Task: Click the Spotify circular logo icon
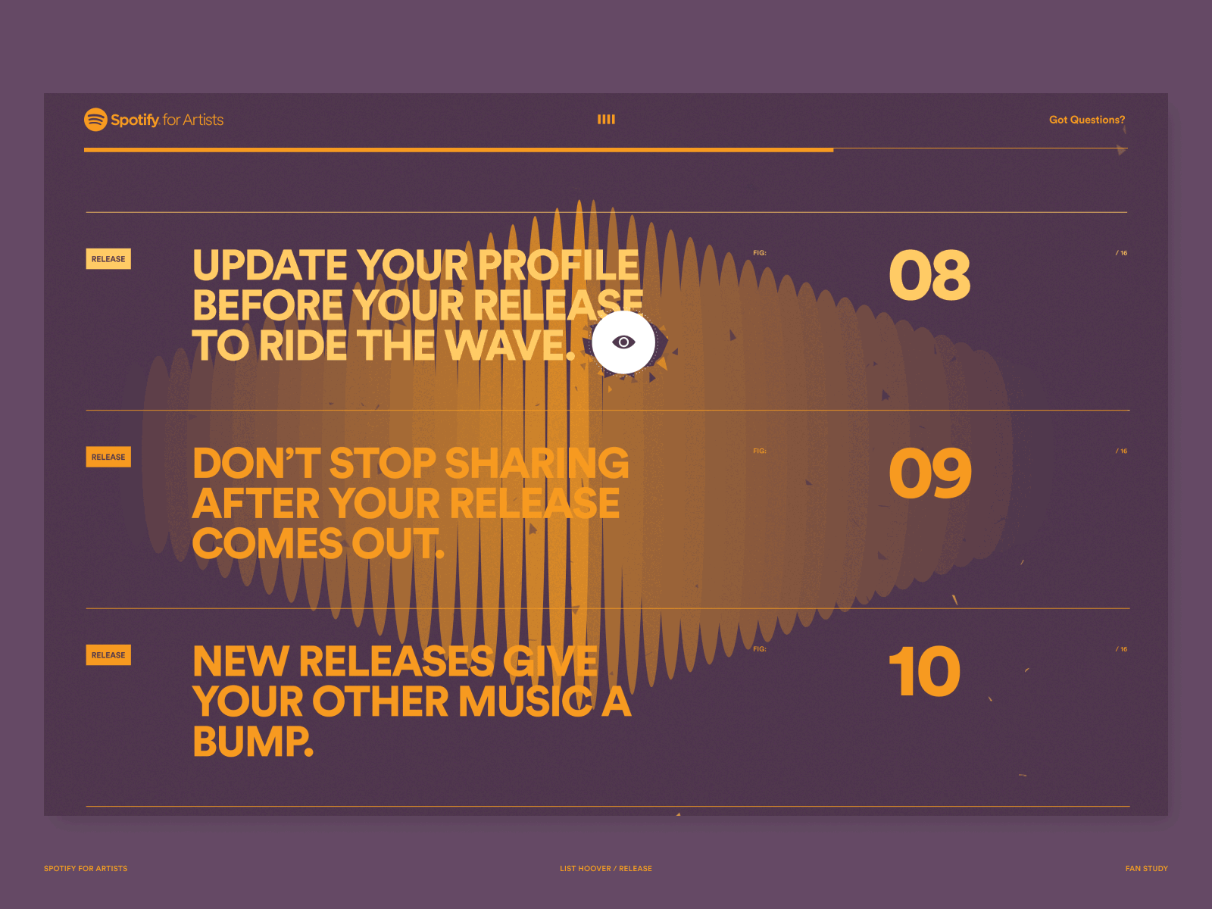95,119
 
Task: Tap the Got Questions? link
1087,120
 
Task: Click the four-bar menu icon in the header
606,119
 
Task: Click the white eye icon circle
623,342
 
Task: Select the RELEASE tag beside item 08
108,259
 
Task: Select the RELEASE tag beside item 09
108,457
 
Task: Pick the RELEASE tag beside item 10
108,655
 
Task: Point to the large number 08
929,275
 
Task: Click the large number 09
930,473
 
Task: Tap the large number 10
925,671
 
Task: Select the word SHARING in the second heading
537,463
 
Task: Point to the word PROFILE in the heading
558,265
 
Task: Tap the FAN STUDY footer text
1146,868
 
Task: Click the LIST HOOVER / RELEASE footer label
606,868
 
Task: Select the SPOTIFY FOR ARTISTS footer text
86,868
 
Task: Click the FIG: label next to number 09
760,451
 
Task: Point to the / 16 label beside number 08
1121,253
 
